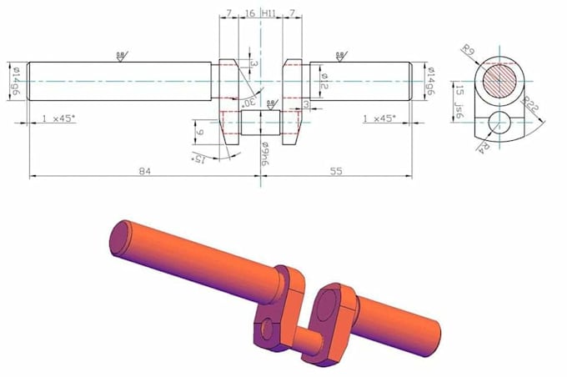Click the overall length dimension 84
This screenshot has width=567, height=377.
click(144, 171)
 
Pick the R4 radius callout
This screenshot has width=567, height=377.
click(484, 147)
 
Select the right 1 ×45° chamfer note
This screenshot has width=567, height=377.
click(383, 118)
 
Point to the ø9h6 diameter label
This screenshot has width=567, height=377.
click(263, 153)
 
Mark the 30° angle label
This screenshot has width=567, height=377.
click(248, 101)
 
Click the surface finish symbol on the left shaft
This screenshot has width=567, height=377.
click(121, 55)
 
